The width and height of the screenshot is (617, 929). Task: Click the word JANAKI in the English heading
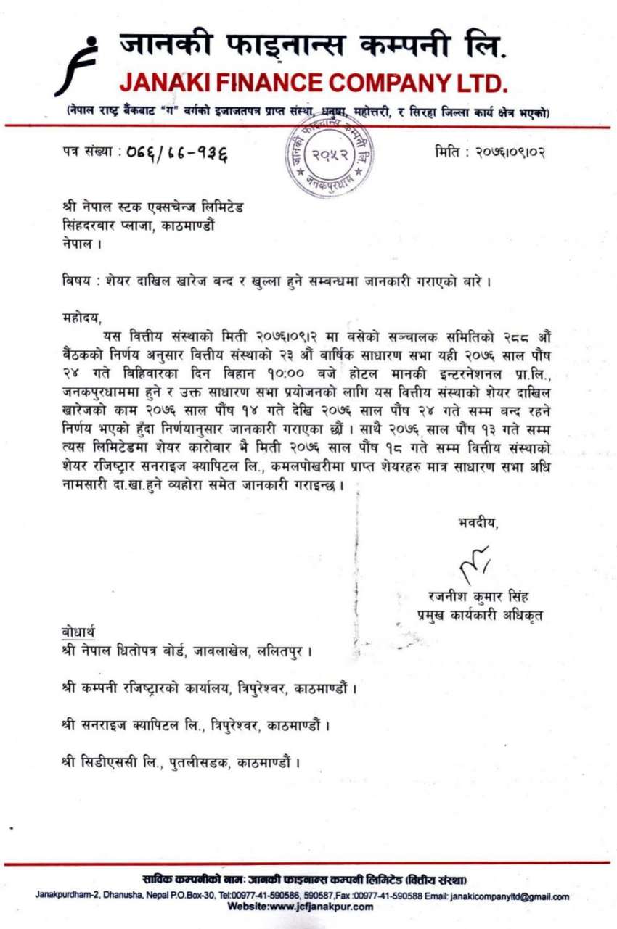[x=167, y=83]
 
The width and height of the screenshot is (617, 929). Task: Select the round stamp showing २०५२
[x=331, y=156]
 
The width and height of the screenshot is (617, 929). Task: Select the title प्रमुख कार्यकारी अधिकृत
[x=479, y=615]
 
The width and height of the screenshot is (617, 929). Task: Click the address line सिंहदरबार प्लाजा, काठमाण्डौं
[x=138, y=225]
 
